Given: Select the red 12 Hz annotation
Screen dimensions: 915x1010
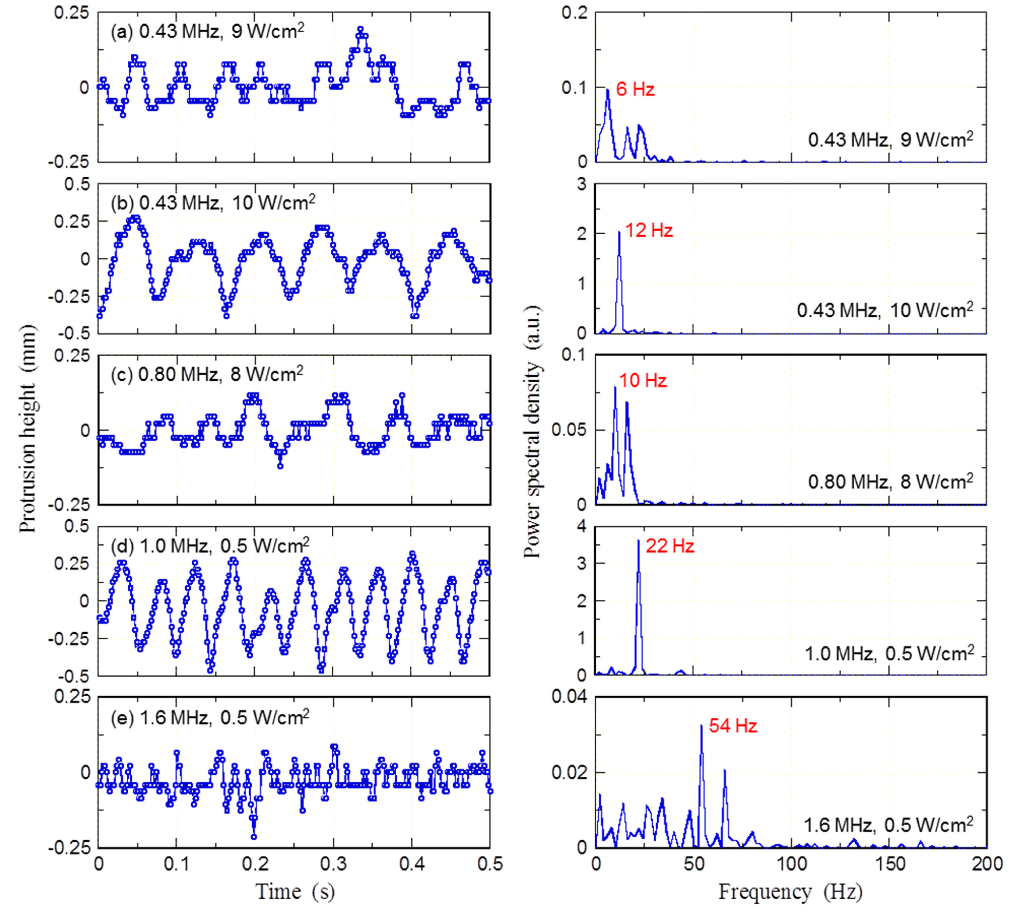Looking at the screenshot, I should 649,231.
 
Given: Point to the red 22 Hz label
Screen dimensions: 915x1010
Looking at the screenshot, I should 670,546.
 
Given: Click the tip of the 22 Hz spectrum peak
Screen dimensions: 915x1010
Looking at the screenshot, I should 638,540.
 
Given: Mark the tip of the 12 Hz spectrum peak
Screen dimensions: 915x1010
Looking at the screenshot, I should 619,231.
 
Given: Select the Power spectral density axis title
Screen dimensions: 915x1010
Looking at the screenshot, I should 533,431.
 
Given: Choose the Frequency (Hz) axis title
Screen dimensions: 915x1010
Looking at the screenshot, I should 790,892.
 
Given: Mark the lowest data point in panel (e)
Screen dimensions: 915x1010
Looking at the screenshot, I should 254,837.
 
